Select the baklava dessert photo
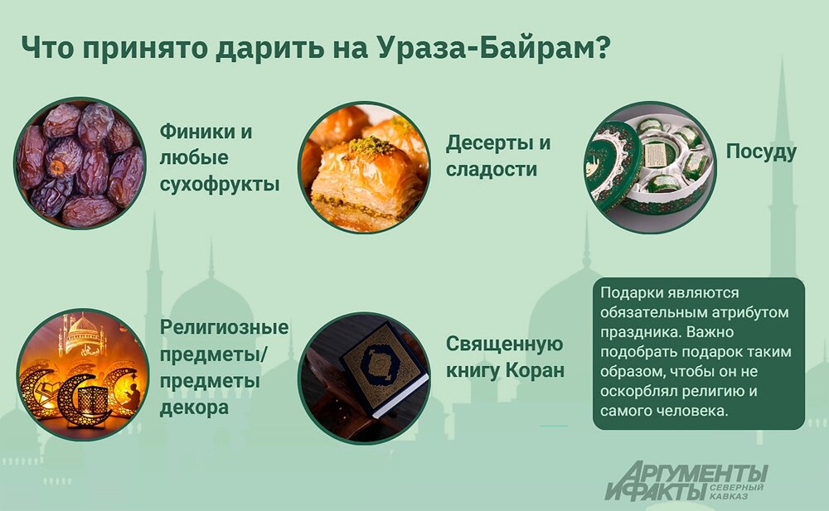point(364,166)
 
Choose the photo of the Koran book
point(364,374)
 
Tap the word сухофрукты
point(219,183)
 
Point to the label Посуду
point(761,152)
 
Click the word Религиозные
point(224,327)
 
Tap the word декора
point(194,408)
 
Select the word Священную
point(505,345)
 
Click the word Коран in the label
point(535,370)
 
